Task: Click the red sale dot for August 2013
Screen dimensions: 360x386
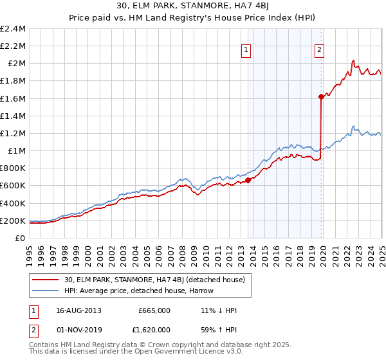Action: pos(248,181)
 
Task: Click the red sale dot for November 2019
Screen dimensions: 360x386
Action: pos(320,96)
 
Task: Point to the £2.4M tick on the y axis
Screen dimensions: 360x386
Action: pos(13,29)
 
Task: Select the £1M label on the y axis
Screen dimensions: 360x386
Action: pos(17,151)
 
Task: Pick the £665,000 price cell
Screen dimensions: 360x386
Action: pos(154,310)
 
